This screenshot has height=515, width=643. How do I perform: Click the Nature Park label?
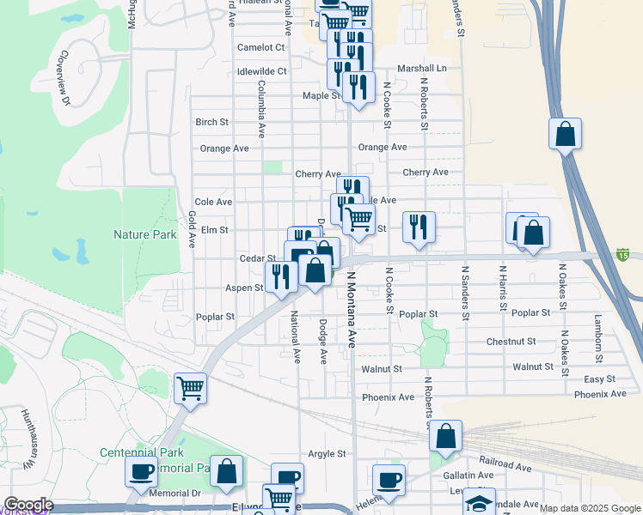point(144,234)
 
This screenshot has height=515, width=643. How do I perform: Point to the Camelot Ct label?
point(260,47)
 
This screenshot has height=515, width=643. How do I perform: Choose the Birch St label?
point(211,122)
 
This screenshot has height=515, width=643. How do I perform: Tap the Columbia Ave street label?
point(260,110)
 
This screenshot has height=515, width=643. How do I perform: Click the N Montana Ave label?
point(352,310)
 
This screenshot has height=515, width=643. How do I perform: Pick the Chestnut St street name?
point(510,342)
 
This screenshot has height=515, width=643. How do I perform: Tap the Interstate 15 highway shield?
point(622,254)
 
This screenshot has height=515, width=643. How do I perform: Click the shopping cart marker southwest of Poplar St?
point(190,387)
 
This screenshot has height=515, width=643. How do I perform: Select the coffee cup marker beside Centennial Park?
point(141,470)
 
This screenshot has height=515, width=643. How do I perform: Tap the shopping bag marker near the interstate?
point(565,134)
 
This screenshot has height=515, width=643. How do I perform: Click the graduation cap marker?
point(479,501)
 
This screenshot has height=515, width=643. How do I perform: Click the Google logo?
point(28,505)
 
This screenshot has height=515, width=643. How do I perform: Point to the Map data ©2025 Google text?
point(589,508)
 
